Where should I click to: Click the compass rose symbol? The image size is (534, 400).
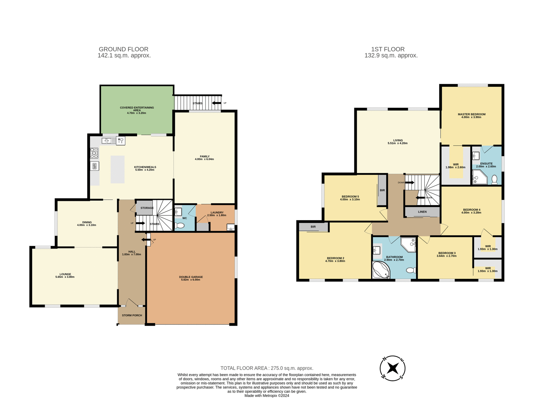pos(392,368)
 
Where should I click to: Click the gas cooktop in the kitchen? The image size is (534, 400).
pos(94,153)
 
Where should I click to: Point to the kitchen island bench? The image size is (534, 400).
pos(117,169)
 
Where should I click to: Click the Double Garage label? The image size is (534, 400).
pos(191,277)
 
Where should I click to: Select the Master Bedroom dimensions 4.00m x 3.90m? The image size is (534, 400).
pos(471,117)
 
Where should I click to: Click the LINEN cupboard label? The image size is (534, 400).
pos(422,212)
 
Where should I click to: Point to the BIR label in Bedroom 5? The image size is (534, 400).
pos(382,190)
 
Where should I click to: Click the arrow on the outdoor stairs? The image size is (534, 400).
pos(216,103)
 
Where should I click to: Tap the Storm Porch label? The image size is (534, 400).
pos(132,315)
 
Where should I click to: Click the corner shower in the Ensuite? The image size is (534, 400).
pos(479,177)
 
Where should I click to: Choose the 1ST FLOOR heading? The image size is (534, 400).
pos(388,49)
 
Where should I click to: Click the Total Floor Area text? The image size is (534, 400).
pos(267,368)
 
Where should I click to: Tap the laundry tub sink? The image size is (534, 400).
pos(231,227)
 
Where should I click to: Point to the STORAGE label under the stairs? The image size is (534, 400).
pos(147,208)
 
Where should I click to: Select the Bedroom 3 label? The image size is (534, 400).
pos(447,253)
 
